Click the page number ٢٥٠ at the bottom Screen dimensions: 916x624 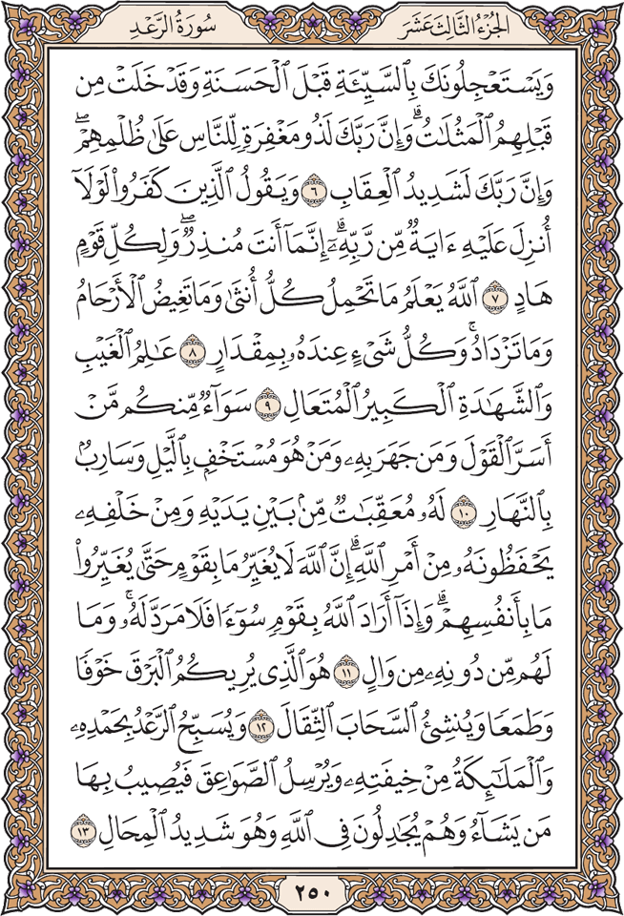[312, 894]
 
